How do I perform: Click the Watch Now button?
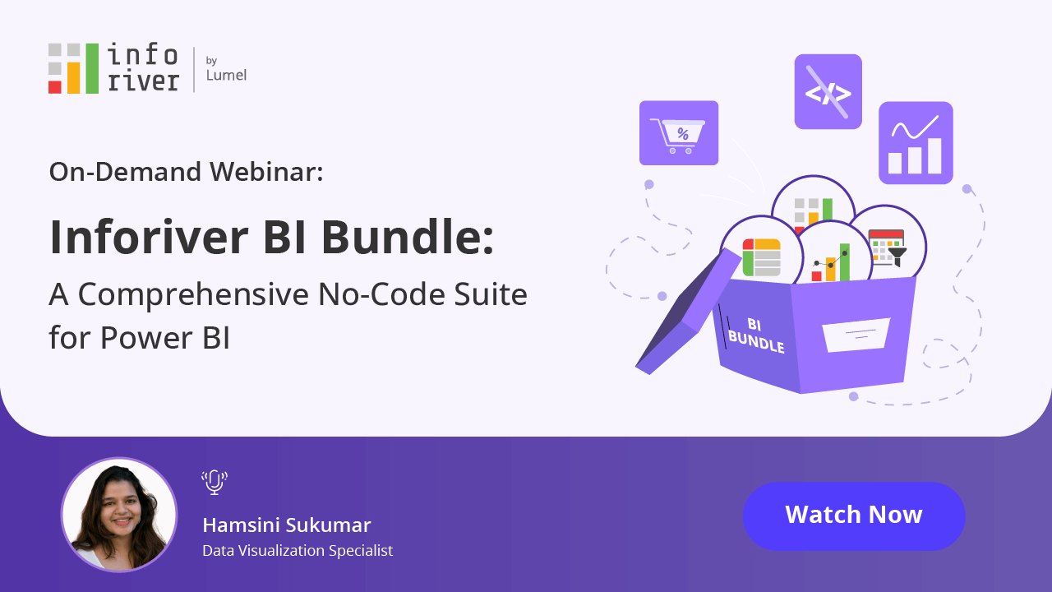click(854, 516)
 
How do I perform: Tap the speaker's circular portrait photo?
click(119, 515)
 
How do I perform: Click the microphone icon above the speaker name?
click(215, 482)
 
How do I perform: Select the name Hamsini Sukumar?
click(287, 525)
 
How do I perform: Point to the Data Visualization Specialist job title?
click(298, 551)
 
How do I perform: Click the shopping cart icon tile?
click(679, 133)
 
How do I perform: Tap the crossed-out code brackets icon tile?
click(828, 91)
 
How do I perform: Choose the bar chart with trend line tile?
click(916, 143)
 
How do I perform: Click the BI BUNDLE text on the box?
click(755, 335)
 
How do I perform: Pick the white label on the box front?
click(856, 335)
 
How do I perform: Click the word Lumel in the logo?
click(226, 75)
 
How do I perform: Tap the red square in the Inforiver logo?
click(55, 87)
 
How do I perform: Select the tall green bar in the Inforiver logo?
click(92, 68)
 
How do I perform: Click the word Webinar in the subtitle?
click(266, 172)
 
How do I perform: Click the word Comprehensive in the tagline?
click(193, 294)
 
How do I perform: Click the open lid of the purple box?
click(688, 312)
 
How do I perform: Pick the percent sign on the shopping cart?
click(683, 134)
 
